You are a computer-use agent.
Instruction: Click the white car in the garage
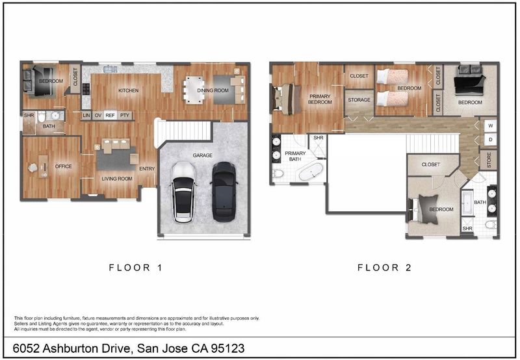click(x=183, y=192)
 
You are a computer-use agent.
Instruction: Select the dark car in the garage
click(x=224, y=192)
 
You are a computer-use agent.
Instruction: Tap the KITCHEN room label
click(x=128, y=90)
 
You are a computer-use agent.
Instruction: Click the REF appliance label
click(x=110, y=116)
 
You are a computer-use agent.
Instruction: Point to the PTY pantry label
click(x=125, y=116)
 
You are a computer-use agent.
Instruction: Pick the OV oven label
click(x=98, y=116)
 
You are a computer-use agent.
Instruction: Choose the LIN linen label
click(x=86, y=116)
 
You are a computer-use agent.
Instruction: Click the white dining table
click(x=194, y=90)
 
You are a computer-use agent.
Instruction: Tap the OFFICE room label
click(x=63, y=166)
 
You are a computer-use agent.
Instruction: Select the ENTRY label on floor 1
click(x=147, y=169)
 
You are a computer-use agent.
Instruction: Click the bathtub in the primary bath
click(x=311, y=172)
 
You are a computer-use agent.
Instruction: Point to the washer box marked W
click(x=491, y=126)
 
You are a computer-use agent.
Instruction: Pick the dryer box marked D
click(x=491, y=140)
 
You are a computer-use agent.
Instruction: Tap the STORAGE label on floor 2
click(x=359, y=100)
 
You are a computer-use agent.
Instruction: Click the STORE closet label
click(x=489, y=160)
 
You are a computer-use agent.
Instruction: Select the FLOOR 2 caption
click(x=384, y=268)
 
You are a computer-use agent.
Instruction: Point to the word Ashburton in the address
click(x=86, y=348)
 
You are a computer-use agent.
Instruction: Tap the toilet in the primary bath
click(x=278, y=173)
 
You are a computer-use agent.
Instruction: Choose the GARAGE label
click(x=203, y=155)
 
